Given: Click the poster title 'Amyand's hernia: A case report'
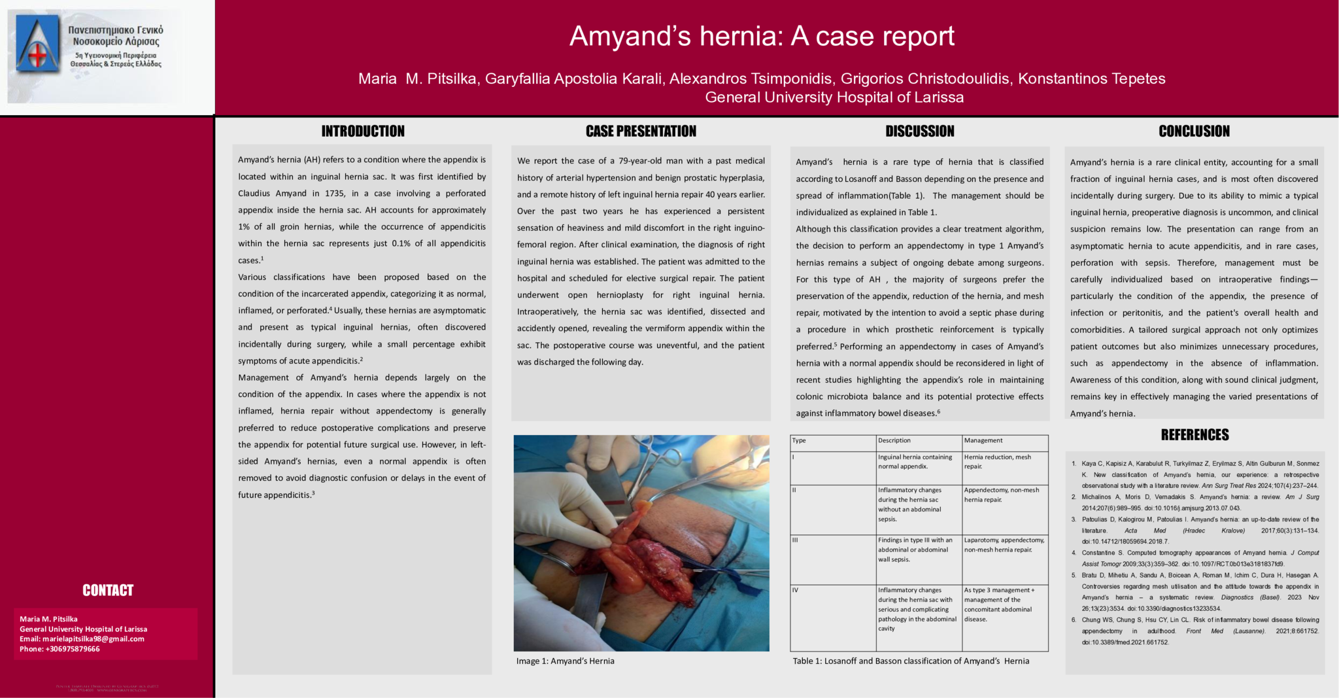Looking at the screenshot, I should [x=762, y=36].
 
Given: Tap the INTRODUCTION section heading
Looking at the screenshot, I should [x=363, y=131].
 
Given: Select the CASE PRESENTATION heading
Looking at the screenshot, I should [x=641, y=131].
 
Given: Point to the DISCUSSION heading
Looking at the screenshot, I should [x=919, y=131].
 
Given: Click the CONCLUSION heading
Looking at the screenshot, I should [x=1194, y=131].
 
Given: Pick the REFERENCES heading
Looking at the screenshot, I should [x=1195, y=435].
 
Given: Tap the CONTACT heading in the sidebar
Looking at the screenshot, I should [x=108, y=591].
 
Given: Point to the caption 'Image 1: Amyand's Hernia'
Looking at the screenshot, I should [x=565, y=661].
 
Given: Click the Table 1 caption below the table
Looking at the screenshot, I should [x=911, y=661].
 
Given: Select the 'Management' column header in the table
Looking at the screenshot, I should [x=983, y=441].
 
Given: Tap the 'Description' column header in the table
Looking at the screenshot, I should [x=894, y=441].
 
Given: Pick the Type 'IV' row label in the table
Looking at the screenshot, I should [x=796, y=590].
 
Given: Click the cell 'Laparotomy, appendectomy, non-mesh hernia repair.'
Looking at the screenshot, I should [x=1004, y=545].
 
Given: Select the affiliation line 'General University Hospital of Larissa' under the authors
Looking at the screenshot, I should [x=834, y=97].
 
